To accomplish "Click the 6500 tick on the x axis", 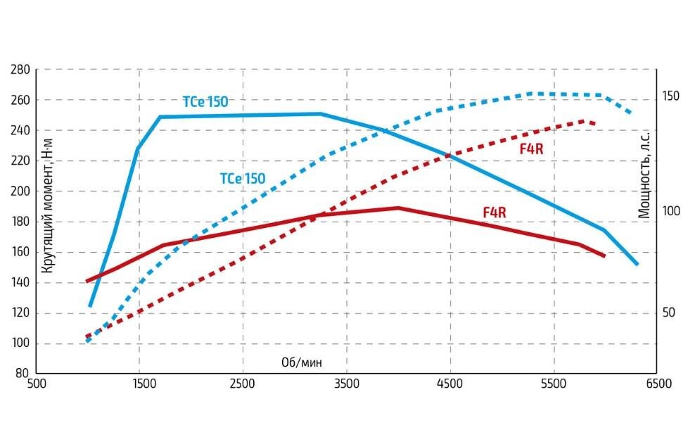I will point(657,384).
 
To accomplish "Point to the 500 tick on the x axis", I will point(37,384).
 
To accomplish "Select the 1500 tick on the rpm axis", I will point(140,384).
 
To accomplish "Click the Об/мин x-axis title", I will point(305,362).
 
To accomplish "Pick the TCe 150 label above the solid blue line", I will point(205,102).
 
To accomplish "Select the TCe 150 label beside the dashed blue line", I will point(243,179).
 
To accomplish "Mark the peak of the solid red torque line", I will point(398,208).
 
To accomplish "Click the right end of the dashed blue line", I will point(630,113).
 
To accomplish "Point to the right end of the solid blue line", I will point(637,264).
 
